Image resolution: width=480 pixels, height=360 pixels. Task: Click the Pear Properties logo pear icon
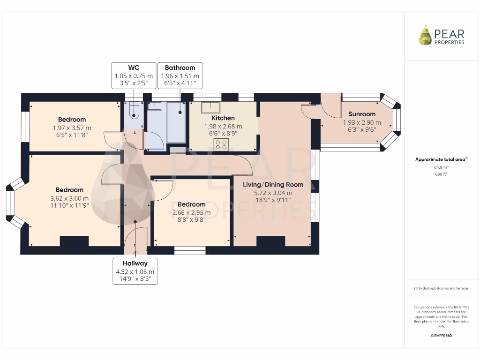pos(425,36)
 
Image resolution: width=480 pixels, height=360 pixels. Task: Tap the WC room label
pos(134,67)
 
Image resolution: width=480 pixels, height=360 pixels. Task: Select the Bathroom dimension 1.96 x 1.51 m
pos(180,76)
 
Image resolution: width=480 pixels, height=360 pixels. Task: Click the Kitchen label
pos(223,118)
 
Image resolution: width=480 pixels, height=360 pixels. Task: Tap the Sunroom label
pos(362,114)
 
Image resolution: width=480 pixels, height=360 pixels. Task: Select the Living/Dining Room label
pos(273,185)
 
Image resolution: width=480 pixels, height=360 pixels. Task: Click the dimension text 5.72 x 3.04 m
pos(273,193)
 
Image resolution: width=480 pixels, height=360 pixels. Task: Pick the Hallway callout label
pos(135,263)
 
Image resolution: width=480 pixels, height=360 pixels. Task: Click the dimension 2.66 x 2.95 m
pos(191,212)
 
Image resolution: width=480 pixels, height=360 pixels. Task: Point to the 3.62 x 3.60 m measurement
pos(69,198)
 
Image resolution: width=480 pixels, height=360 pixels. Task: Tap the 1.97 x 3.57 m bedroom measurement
pos(72,127)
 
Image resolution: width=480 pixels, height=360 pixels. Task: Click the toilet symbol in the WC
pos(134,113)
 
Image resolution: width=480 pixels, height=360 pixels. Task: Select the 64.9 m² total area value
pos(441,167)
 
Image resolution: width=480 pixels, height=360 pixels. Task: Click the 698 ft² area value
pos(441,174)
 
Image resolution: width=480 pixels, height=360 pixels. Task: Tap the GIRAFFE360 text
pos(441,336)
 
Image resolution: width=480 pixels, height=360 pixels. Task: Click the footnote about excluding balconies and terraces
pos(441,288)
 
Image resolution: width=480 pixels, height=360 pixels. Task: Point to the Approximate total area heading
pos(441,159)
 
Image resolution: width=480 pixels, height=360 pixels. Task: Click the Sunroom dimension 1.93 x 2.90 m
pos(362,122)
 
